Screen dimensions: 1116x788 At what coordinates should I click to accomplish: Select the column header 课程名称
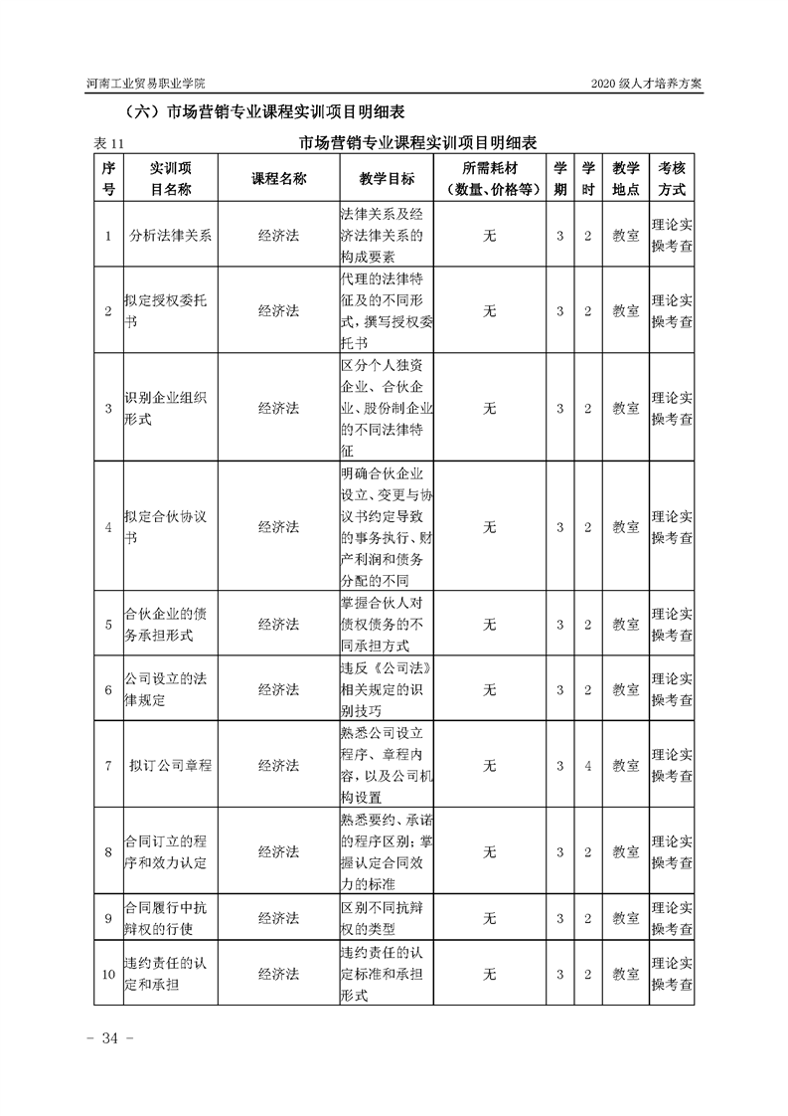click(x=278, y=178)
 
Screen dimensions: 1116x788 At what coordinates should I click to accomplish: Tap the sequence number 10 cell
click(x=108, y=974)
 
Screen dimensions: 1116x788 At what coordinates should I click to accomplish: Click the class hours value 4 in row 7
click(x=588, y=766)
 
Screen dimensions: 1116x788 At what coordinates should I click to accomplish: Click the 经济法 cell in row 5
click(x=278, y=625)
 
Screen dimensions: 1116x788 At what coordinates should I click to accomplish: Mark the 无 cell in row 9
click(x=489, y=918)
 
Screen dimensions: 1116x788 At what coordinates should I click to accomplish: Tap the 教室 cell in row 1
click(x=625, y=237)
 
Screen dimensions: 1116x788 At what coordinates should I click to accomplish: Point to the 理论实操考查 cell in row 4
click(x=672, y=527)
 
